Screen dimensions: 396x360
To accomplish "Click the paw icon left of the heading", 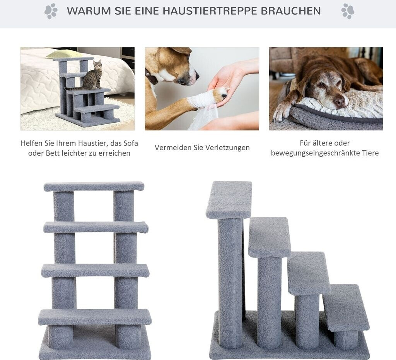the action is pyautogui.click(x=51, y=11).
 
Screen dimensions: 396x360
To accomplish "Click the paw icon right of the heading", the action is pyautogui.click(x=348, y=11).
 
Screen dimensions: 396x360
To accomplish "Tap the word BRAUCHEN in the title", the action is pyautogui.click(x=291, y=11).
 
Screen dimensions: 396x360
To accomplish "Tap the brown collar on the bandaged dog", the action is pyautogui.click(x=152, y=77).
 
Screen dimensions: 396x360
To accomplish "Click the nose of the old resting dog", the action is pyautogui.click(x=339, y=102).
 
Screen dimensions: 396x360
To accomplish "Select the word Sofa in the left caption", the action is pyautogui.click(x=130, y=143).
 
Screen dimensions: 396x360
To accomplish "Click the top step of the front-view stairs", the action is pyautogui.click(x=94, y=187).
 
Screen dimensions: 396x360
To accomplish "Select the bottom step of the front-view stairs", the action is pyautogui.click(x=95, y=317).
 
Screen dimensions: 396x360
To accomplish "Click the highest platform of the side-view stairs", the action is pyautogui.click(x=229, y=200).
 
